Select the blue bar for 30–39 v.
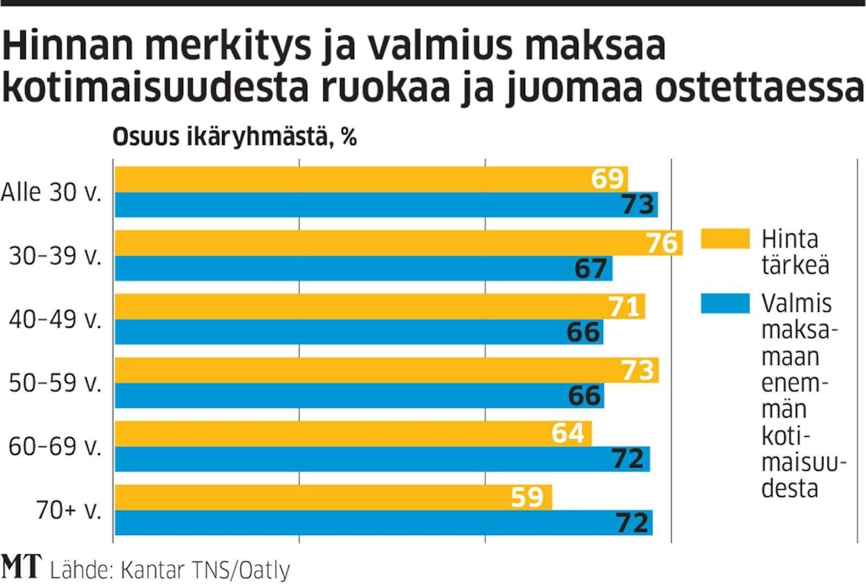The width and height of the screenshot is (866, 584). point(363,269)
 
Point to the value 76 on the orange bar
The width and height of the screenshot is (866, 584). point(661,244)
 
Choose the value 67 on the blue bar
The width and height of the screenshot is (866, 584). point(592,269)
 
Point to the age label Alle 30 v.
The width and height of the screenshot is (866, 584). point(52,192)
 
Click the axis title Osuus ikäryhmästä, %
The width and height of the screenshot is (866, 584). point(235,137)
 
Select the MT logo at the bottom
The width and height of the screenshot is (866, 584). point(21,567)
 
